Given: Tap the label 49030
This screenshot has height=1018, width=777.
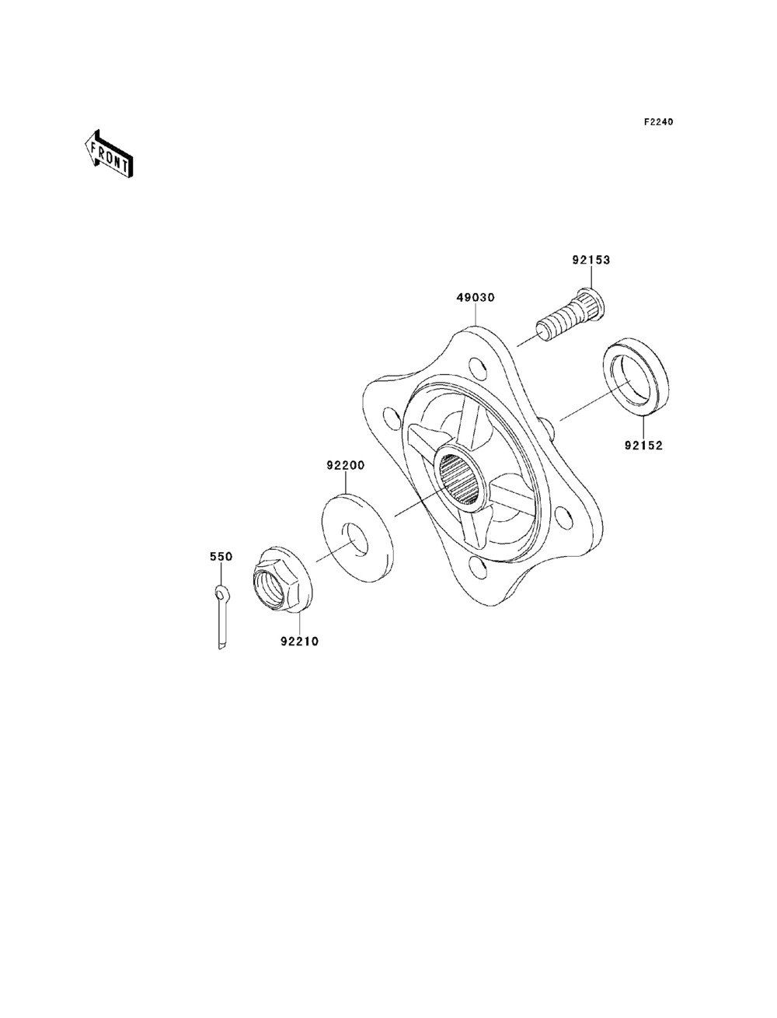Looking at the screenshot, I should tap(476, 297).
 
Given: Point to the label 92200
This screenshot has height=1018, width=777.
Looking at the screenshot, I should tap(345, 465).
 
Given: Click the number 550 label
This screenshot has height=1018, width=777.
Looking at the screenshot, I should tap(221, 557).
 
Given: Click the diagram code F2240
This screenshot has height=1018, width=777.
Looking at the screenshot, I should tap(658, 122).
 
